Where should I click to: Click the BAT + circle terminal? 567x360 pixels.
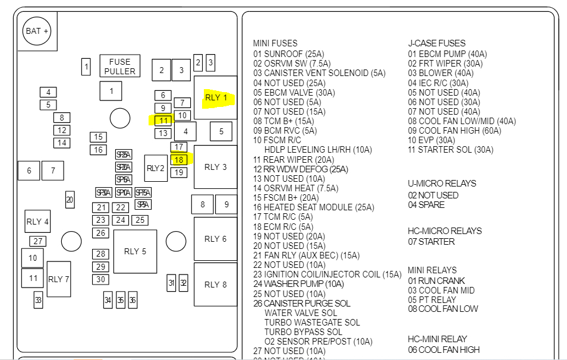(x=37, y=31)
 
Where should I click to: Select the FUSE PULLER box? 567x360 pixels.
(x=120, y=66)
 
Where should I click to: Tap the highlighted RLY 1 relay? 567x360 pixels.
(x=216, y=97)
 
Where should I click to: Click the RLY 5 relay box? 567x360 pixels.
(x=135, y=251)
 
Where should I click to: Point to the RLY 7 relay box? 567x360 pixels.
(x=59, y=279)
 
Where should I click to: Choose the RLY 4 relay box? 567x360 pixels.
(x=37, y=222)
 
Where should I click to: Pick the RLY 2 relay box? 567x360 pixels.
(x=155, y=168)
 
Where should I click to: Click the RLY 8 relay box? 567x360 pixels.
(x=216, y=285)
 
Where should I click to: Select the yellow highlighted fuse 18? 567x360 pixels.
(x=179, y=160)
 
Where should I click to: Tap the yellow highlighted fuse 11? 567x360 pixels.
(x=163, y=120)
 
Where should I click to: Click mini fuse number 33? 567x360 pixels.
(x=38, y=300)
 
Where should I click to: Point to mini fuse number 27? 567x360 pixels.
(x=38, y=241)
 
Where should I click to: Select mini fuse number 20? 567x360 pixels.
(x=70, y=200)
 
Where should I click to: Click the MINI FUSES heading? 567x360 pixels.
(x=276, y=43)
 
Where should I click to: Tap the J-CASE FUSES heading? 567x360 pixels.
(x=436, y=43)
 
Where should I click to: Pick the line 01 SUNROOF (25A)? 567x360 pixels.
(x=288, y=53)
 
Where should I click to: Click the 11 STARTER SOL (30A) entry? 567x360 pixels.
(x=450, y=150)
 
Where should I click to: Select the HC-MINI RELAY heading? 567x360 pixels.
(x=437, y=339)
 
